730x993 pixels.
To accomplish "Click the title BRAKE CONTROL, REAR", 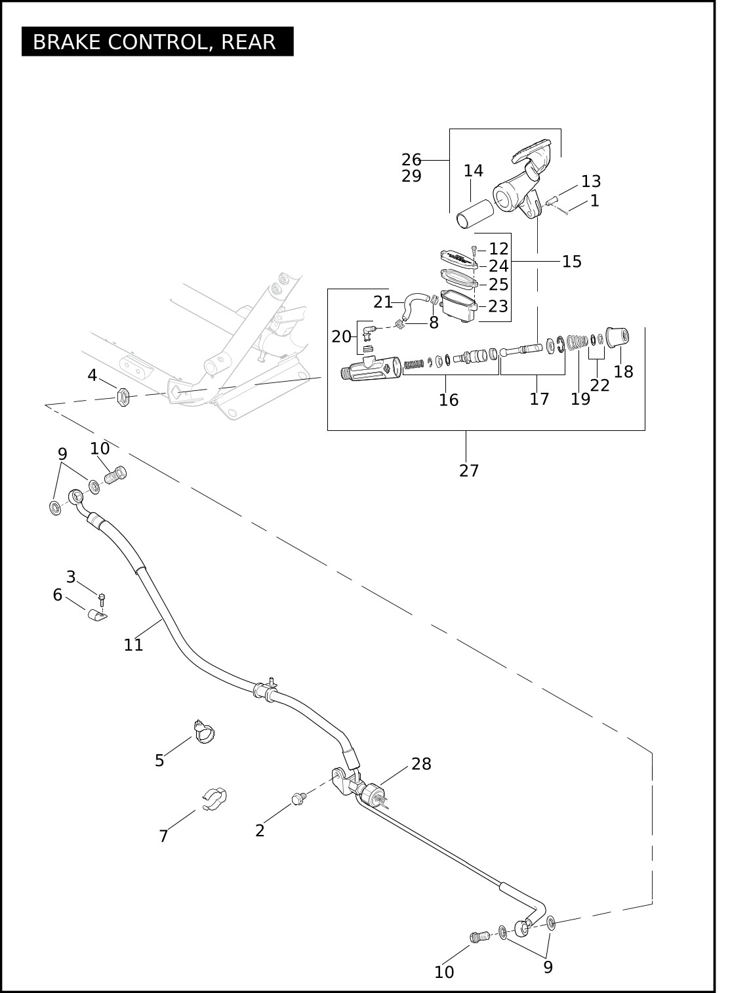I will [x=155, y=41].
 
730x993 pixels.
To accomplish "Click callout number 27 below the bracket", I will [x=469, y=470].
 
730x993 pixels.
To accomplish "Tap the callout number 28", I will [x=422, y=763].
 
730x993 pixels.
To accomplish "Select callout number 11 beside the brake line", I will [x=133, y=645].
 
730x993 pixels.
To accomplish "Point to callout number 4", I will [x=92, y=375].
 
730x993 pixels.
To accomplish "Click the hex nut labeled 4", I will [x=123, y=396].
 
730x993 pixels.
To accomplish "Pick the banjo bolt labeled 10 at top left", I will [x=115, y=474].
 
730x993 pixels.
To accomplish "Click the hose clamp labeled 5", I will [x=205, y=734].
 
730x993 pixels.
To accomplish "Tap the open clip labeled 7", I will [x=214, y=799].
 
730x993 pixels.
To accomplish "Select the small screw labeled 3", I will [x=102, y=598].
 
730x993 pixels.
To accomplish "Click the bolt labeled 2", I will [x=298, y=798].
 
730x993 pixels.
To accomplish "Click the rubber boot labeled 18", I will [x=617, y=337].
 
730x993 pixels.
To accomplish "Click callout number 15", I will [x=572, y=261].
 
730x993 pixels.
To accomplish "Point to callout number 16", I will [x=449, y=400].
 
